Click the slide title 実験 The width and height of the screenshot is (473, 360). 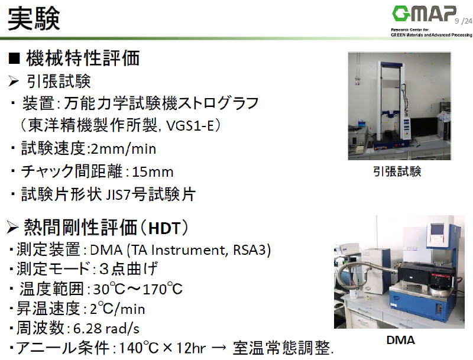pyautogui.click(x=34, y=19)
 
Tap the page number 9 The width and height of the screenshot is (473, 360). pyautogui.click(x=457, y=21)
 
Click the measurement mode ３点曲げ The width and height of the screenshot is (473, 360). pyautogui.click(x=128, y=270)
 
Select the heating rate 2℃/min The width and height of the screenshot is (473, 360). pyautogui.click(x=114, y=309)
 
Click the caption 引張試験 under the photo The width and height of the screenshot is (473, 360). pyautogui.click(x=397, y=171)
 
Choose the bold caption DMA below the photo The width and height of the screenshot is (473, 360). pyautogui.click(x=400, y=340)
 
